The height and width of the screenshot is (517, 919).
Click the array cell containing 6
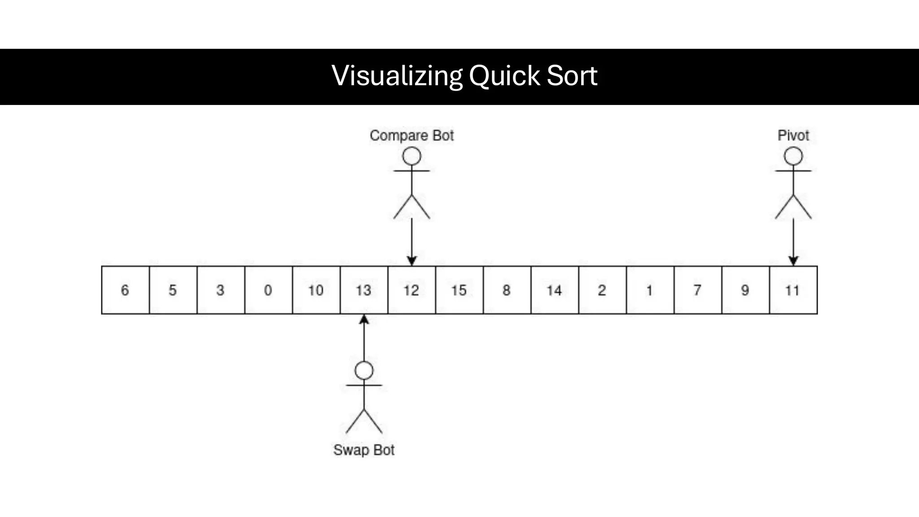click(125, 290)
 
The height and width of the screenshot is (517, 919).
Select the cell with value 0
click(268, 290)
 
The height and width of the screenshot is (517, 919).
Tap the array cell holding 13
click(364, 290)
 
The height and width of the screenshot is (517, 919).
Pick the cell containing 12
click(411, 290)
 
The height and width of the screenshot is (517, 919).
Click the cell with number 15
click(459, 290)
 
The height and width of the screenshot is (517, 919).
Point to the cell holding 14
click(555, 290)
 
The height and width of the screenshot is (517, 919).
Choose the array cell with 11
click(793, 290)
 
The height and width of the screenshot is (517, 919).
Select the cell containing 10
click(316, 290)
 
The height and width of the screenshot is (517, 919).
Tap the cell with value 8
click(507, 290)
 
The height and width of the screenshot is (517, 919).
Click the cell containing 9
click(745, 290)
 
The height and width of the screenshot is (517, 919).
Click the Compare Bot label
click(411, 136)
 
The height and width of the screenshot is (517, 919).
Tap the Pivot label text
click(793, 136)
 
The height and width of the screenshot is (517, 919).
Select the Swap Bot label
click(364, 450)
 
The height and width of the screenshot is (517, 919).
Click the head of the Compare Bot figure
click(411, 157)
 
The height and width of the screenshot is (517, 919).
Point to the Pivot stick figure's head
click(793, 157)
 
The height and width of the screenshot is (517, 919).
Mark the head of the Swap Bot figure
click(364, 371)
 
